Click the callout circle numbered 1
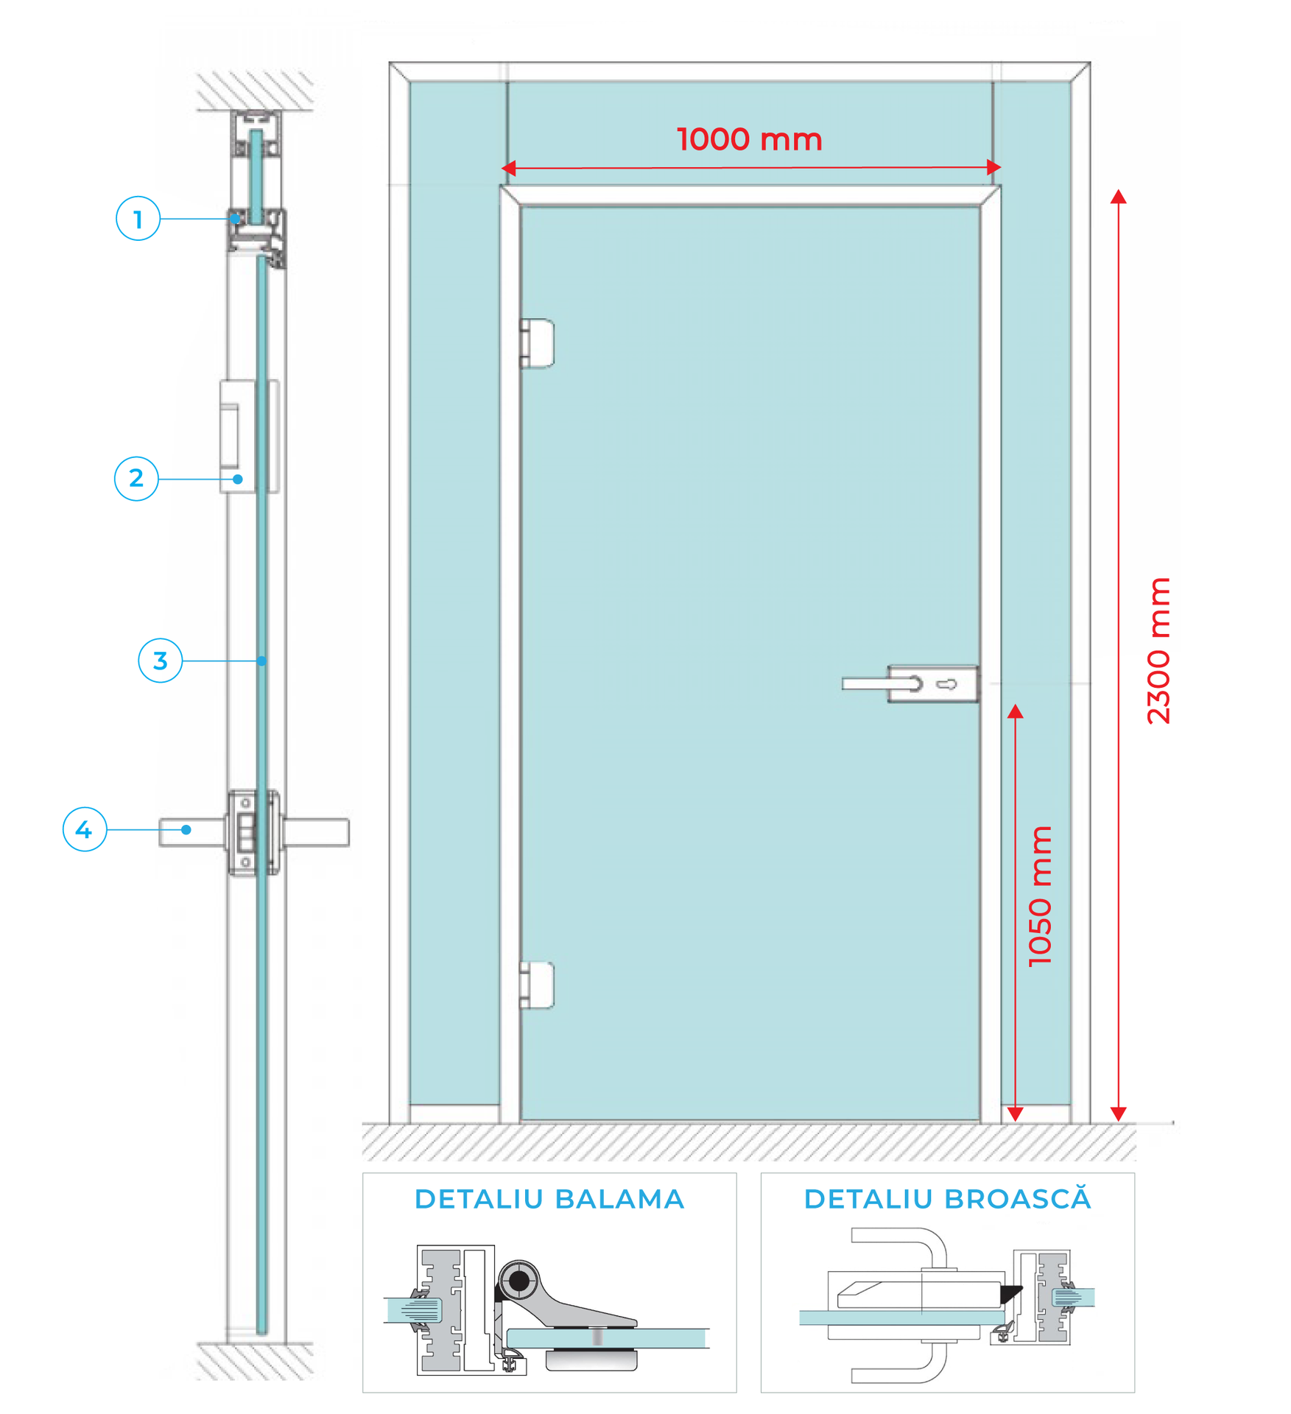[138, 219]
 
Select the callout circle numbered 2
[136, 479]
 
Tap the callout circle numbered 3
[160, 661]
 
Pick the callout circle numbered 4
[85, 829]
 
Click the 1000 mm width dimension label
[749, 139]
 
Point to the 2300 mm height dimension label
[1158, 651]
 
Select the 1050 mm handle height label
[1040, 896]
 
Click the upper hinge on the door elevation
[538, 343]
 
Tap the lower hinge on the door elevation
[538, 985]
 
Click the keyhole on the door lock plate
[947, 684]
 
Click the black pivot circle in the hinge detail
[519, 1281]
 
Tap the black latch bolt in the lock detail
[1010, 1292]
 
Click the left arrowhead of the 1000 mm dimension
[508, 169]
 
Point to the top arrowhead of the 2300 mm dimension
[1118, 197]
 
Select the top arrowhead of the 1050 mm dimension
[1015, 711]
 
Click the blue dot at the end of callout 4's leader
[186, 830]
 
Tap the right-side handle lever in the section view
[315, 832]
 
